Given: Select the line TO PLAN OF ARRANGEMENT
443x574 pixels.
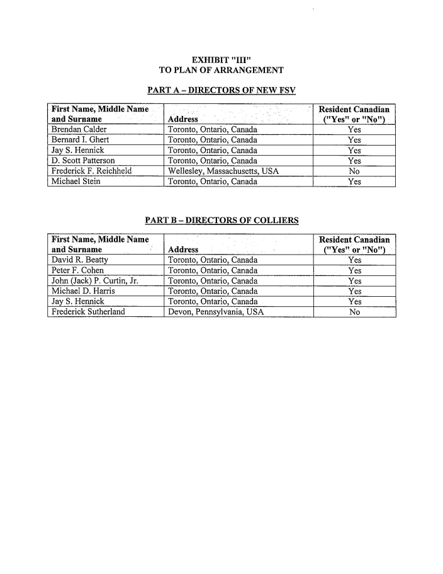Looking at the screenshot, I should coord(221,70).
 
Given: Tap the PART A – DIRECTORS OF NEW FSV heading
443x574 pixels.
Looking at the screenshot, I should coord(221,91).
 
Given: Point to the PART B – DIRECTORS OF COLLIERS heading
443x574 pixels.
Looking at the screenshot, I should coord(221,221).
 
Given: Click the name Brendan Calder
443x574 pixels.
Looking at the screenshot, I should coord(79,130).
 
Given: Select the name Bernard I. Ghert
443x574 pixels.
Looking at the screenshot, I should coord(80,141).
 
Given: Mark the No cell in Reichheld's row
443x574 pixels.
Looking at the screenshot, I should coord(354,171).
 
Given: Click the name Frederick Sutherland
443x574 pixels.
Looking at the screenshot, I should coord(87,312).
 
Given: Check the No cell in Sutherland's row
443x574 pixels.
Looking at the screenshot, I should coord(354,312).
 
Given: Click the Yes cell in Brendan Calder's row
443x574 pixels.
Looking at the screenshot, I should coord(354,130).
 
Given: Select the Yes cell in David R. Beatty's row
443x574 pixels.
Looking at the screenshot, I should coord(354,260).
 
